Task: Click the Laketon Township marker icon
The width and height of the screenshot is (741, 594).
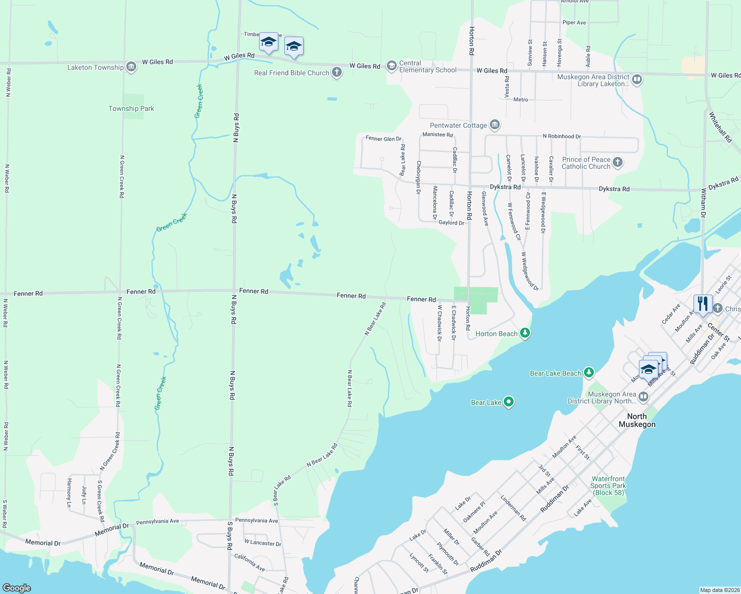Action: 131,67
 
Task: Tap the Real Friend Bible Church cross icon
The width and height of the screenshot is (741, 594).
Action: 337,73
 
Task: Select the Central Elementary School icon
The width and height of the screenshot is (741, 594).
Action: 392,66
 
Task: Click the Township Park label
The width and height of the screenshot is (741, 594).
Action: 131,108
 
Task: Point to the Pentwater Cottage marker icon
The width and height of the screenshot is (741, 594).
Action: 494,125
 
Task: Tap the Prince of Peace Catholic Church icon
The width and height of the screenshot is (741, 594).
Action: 617,162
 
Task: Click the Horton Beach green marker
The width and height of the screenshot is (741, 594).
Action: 525,334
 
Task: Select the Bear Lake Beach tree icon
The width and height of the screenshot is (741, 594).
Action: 588,373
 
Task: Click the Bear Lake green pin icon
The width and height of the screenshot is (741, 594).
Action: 509,402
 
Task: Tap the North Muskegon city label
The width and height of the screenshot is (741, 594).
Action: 637,420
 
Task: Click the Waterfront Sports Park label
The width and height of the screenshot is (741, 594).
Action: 608,486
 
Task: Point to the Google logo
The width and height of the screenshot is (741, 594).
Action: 17,588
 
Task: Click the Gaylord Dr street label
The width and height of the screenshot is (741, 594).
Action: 451,223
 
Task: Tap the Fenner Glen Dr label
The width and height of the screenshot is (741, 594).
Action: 383,139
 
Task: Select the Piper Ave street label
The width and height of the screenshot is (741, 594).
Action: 574,23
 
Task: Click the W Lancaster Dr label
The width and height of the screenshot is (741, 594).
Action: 263,543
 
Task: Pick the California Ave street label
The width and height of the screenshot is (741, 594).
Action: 250,562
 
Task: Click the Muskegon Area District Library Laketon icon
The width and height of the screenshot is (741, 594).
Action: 637,79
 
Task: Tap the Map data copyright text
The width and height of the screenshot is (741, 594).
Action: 720,590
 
